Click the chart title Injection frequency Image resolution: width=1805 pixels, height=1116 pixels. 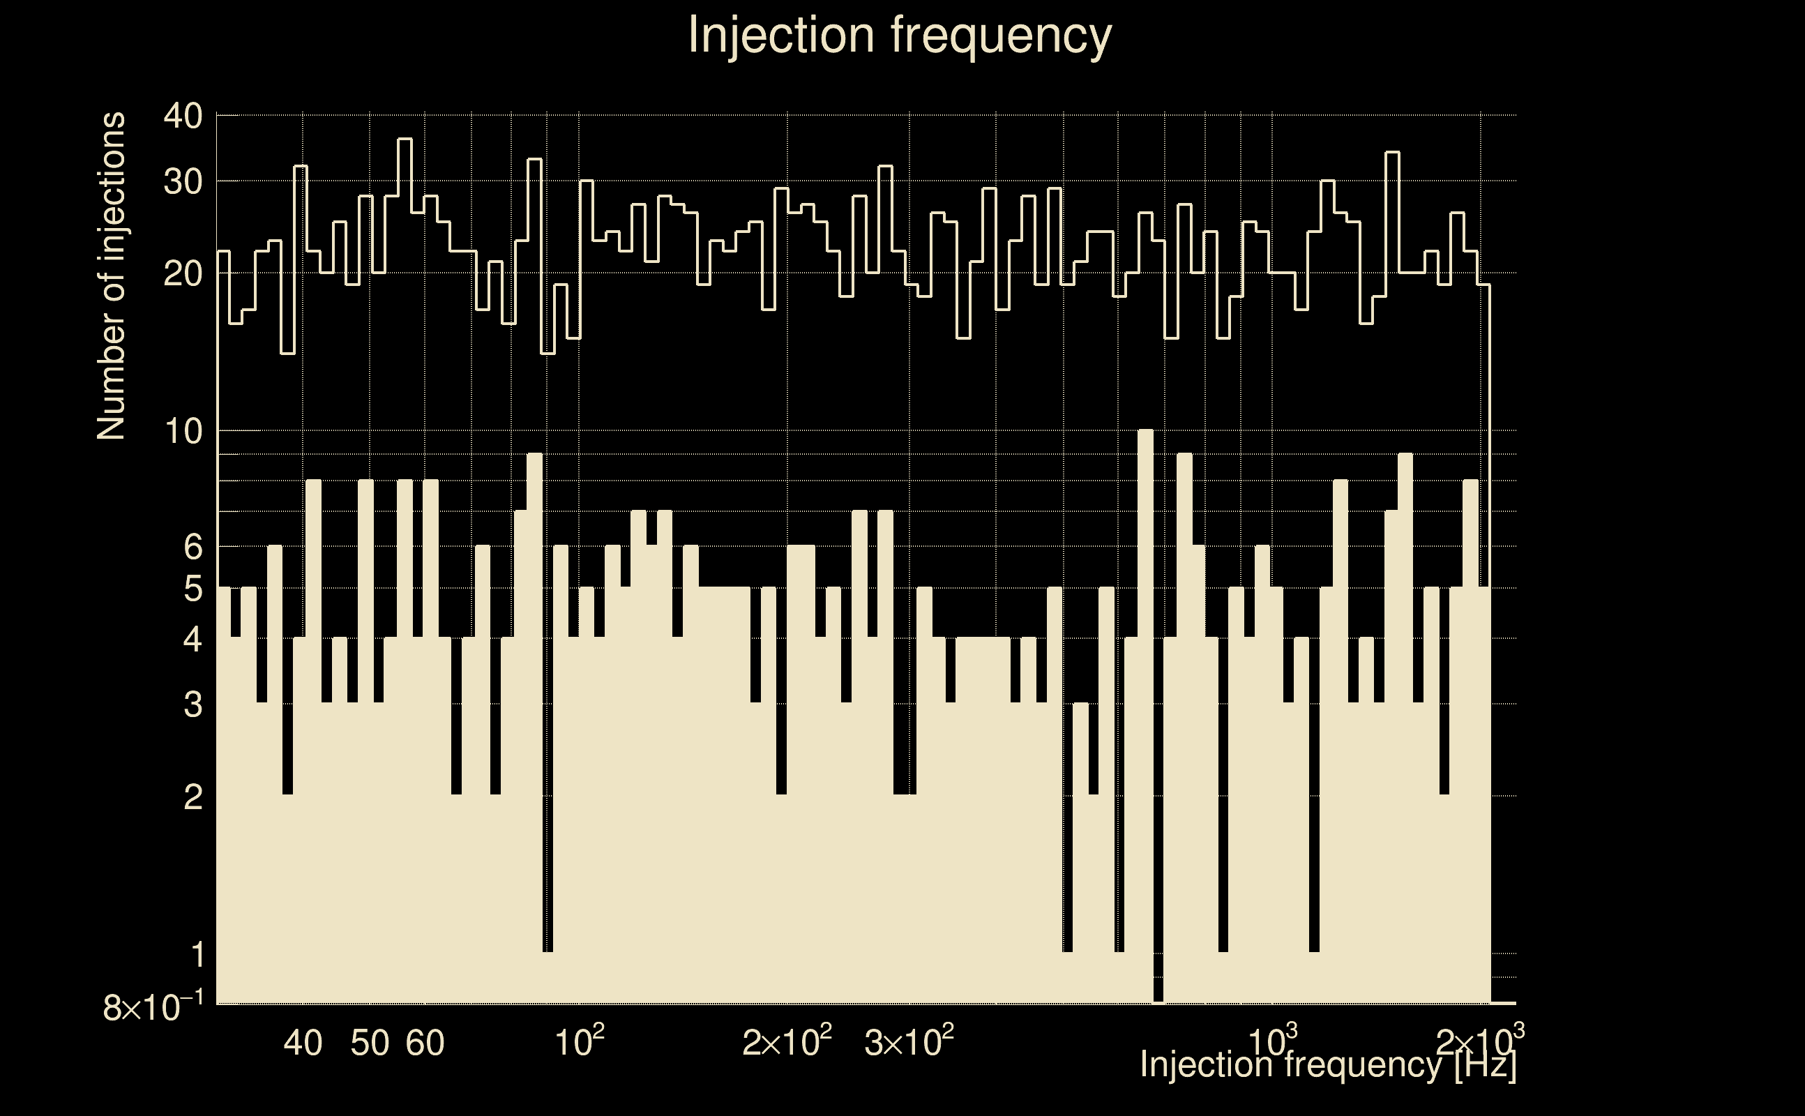point(900,36)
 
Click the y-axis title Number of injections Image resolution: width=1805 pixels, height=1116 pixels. point(111,276)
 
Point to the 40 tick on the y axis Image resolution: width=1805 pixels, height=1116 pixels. point(183,116)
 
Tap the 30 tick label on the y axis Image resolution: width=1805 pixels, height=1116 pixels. point(183,181)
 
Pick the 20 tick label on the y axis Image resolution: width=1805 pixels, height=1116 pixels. point(183,275)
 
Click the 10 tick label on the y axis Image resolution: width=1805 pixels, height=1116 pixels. point(183,432)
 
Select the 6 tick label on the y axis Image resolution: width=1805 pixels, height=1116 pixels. point(192,548)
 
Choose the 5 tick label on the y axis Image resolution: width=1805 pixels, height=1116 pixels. point(192,590)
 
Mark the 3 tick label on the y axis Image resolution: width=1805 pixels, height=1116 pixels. point(192,706)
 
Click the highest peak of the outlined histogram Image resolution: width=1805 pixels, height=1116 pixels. point(405,139)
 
